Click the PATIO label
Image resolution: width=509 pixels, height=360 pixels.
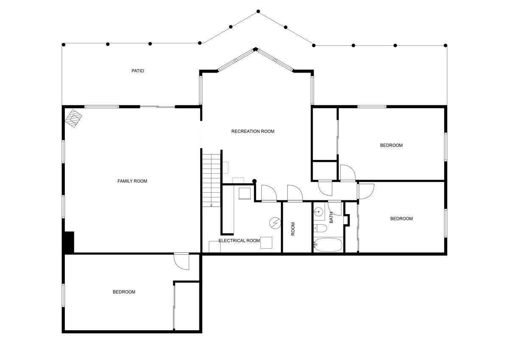pyautogui.click(x=137, y=71)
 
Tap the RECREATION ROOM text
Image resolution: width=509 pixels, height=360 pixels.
pyautogui.click(x=253, y=131)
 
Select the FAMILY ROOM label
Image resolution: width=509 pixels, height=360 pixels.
pyautogui.click(x=132, y=181)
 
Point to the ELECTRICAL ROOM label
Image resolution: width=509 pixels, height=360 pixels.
pyautogui.click(x=239, y=241)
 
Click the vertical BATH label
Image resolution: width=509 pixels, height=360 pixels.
pyautogui.click(x=331, y=217)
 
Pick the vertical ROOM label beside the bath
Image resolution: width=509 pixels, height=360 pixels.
pyautogui.click(x=293, y=229)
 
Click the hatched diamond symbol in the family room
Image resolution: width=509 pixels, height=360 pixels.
pyautogui.click(x=74, y=118)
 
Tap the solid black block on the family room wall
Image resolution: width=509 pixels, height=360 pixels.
pyautogui.click(x=69, y=242)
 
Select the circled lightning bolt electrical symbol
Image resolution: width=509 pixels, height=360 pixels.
pyautogui.click(x=275, y=222)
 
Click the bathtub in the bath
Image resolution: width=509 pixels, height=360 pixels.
pyautogui.click(x=328, y=245)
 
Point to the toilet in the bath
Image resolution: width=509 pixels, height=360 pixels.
pyautogui.click(x=320, y=229)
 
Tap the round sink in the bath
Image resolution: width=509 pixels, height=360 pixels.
pyautogui.click(x=319, y=211)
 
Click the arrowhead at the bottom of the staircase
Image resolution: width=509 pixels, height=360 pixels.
pyautogui.click(x=211, y=205)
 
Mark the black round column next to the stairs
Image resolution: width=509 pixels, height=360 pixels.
pyautogui.click(x=255, y=181)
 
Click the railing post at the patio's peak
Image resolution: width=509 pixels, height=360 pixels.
pyautogui.click(x=258, y=11)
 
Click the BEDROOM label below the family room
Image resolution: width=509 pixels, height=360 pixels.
pyautogui.click(x=124, y=292)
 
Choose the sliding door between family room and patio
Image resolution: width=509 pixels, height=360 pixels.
pyautogui.click(x=157, y=107)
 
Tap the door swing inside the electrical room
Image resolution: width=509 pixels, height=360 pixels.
pyautogui.click(x=269, y=193)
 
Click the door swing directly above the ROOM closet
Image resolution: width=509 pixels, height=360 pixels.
pyautogui.click(x=294, y=193)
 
